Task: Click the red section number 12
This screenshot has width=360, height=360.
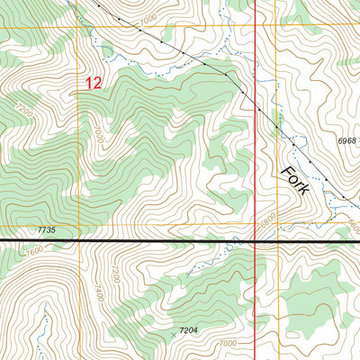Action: [94, 83]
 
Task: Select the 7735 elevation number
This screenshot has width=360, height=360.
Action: [48, 231]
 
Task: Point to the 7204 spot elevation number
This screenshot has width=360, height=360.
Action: [188, 331]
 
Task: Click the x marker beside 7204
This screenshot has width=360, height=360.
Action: [173, 336]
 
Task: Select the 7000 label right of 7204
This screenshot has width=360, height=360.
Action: [227, 343]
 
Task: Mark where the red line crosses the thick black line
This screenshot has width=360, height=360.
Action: [256, 241]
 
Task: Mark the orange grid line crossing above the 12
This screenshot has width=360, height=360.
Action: [78, 27]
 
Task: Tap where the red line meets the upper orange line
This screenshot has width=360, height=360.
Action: [256, 27]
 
